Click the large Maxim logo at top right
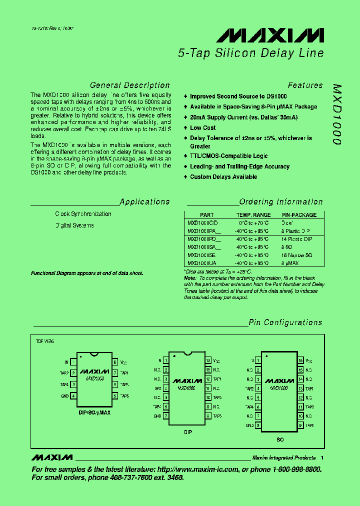[x=270, y=35]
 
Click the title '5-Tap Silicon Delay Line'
[x=250, y=53]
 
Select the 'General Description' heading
[x=129, y=85]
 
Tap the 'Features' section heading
[x=305, y=85]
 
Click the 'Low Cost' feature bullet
[x=203, y=128]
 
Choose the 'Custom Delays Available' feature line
[x=223, y=177]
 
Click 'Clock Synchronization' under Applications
[x=83, y=214]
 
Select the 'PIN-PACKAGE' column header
[x=298, y=215]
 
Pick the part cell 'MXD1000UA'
[x=201, y=263]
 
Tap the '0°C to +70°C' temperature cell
[x=253, y=222]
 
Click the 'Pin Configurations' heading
[x=285, y=322]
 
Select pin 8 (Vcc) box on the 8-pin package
[x=115, y=361]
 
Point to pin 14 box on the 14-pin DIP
[x=208, y=360]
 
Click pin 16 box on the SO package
[x=300, y=360]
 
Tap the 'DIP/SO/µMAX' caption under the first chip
[x=94, y=412]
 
